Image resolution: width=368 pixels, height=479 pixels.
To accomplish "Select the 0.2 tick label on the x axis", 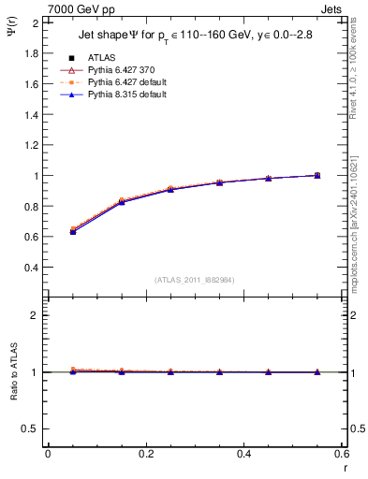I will [145, 453].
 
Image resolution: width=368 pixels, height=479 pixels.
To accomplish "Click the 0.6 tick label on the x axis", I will [342, 453].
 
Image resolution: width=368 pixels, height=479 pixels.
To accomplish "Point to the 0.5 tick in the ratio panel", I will [31, 428].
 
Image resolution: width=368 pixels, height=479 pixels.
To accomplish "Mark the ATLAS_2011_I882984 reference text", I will [195, 279].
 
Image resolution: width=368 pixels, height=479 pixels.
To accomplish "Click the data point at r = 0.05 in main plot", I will [73, 230].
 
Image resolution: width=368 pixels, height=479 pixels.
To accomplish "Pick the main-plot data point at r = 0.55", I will [317, 175].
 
